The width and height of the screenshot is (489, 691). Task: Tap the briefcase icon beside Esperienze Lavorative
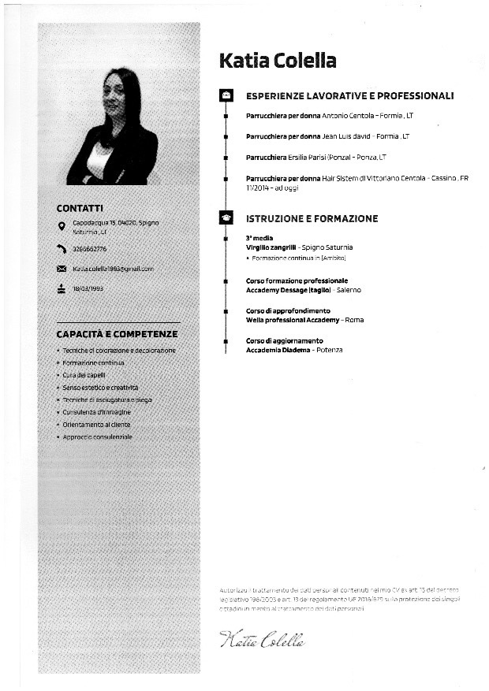[226, 96]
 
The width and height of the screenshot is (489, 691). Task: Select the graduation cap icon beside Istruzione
[226, 218]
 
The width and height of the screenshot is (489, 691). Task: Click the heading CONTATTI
[80, 208]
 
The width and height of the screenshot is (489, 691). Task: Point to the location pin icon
[62, 227]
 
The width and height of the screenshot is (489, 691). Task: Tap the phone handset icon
[62, 249]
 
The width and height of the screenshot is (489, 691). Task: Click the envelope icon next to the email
[62, 269]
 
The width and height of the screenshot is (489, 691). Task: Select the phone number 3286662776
[90, 249]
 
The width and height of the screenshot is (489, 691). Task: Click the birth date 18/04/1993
[88, 288]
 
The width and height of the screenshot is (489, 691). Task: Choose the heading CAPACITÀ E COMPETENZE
[116, 334]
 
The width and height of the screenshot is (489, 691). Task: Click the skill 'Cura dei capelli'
[84, 375]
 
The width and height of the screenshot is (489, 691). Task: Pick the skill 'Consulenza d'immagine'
[96, 412]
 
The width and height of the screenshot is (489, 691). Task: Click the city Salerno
[348, 290]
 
